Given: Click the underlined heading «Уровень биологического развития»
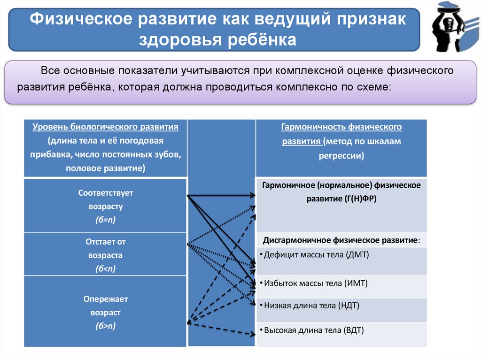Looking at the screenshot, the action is tap(105, 127).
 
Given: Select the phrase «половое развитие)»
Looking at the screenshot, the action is tap(105, 168).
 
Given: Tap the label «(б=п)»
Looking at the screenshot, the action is tap(105, 219).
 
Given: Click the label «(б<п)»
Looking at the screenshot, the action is tap(105, 268).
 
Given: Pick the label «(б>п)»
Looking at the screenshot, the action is tap(105, 326).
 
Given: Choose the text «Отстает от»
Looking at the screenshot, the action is tap(105, 242).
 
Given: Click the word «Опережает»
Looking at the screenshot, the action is tap(105, 299).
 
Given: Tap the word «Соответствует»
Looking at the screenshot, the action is tap(105, 193).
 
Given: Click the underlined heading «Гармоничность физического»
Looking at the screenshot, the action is tap(341, 127).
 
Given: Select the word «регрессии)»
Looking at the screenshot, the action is tap(341, 156).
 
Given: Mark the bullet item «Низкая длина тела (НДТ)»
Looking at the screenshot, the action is tap(311, 306).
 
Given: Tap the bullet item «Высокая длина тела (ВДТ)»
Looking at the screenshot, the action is tap(314, 330).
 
